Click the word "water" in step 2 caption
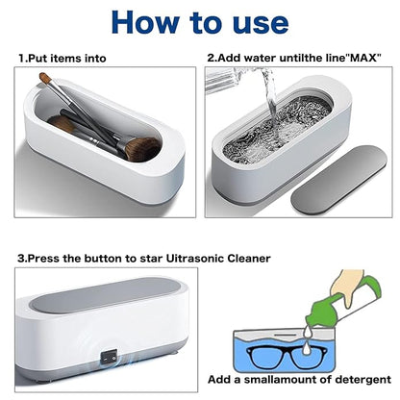pos(273,59)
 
